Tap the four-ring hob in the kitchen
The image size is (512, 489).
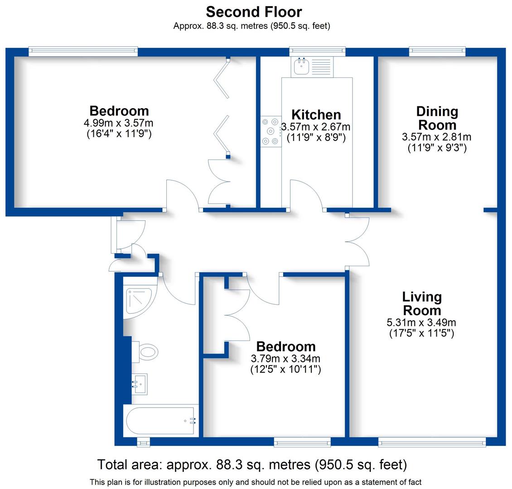pyautogui.click(x=270, y=132)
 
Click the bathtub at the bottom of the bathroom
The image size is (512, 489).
pyautogui.click(x=161, y=421)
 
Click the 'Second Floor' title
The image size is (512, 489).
pyautogui.click(x=254, y=11)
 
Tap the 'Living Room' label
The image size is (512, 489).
pyautogui.click(x=422, y=304)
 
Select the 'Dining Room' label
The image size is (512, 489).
pyautogui.click(x=437, y=118)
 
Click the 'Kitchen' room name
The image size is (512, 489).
pyautogui.click(x=316, y=115)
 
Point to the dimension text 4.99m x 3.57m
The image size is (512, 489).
pyautogui.click(x=119, y=123)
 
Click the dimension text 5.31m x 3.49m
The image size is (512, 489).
pyautogui.click(x=422, y=323)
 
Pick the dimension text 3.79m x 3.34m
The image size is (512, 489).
pyautogui.click(x=286, y=359)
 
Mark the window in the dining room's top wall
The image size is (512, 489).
pyautogui.click(x=437, y=51)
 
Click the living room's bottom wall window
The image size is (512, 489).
pyautogui.click(x=432, y=441)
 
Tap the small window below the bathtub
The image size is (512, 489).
pyautogui.click(x=143, y=441)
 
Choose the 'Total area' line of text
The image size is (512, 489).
pyautogui.click(x=252, y=465)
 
